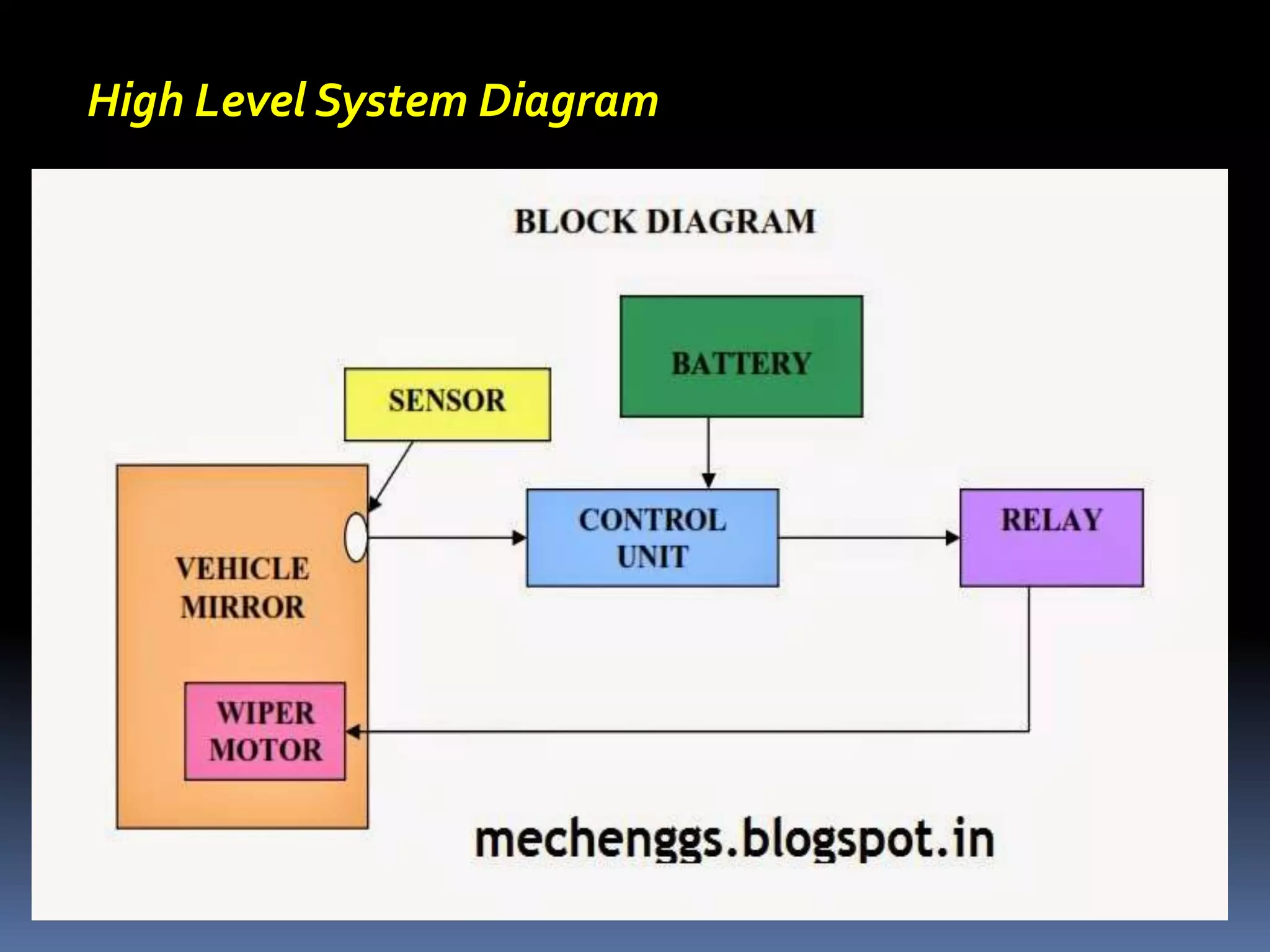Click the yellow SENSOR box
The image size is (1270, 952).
pyautogui.click(x=447, y=404)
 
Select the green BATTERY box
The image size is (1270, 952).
pyautogui.click(x=741, y=356)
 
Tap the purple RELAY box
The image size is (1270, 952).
pyautogui.click(x=1052, y=537)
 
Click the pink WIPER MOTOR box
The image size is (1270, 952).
pyautogui.click(x=265, y=731)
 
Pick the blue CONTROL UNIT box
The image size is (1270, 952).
pyautogui.click(x=652, y=537)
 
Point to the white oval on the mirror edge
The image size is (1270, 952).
pyautogui.click(x=356, y=537)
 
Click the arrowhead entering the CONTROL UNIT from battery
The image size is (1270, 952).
pyautogui.click(x=709, y=481)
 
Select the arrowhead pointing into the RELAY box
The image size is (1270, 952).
pyautogui.click(x=952, y=537)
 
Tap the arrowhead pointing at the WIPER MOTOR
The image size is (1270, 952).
pyautogui.click(x=353, y=732)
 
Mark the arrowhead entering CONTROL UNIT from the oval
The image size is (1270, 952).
pyautogui.click(x=519, y=537)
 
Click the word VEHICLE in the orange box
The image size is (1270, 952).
pyautogui.click(x=242, y=569)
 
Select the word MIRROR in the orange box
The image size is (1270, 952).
pyautogui.click(x=242, y=607)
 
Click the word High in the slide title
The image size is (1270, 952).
pyautogui.click(x=136, y=100)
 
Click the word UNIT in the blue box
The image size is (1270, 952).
pyautogui.click(x=652, y=556)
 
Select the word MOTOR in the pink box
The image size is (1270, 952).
pyautogui.click(x=265, y=750)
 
